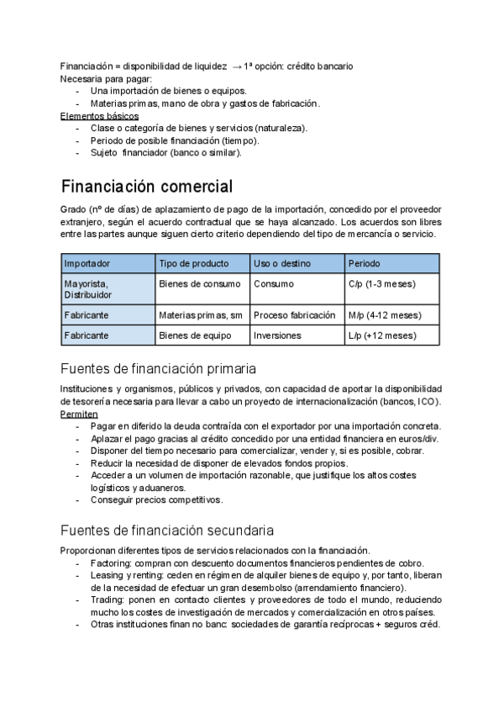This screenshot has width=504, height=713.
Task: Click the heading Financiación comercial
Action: click(147, 186)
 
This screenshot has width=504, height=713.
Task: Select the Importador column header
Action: click(87, 263)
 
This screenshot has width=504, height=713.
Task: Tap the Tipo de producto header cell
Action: click(193, 263)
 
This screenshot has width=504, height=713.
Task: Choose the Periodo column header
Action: click(364, 263)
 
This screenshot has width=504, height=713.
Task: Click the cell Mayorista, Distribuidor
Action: click(87, 289)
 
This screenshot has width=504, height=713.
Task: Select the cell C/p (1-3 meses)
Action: click(381, 284)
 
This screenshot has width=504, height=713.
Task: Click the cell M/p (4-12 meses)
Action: click(385, 315)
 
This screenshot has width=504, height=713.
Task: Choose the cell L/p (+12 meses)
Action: click(381, 335)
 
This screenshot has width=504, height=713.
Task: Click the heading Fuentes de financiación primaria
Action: click(159, 368)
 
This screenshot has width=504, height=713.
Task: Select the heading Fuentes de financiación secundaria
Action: click(166, 531)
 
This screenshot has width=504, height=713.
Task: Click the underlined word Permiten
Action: click(79, 414)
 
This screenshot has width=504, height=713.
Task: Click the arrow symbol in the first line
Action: click(236, 65)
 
